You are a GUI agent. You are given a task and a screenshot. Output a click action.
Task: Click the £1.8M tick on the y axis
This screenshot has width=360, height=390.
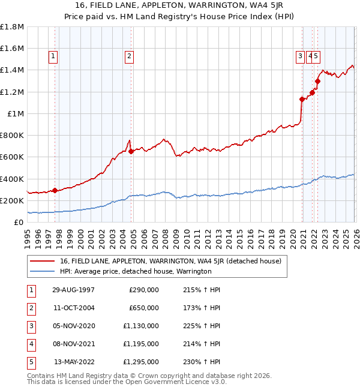[12, 27]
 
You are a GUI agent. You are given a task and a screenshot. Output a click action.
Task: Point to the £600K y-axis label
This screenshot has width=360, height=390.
[12, 157]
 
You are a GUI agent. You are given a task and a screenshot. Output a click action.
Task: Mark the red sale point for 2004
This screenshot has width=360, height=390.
[131, 152]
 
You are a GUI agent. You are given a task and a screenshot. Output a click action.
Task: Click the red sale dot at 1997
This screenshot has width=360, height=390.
[55, 190]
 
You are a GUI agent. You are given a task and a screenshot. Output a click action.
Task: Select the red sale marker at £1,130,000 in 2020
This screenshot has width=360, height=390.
[302, 100]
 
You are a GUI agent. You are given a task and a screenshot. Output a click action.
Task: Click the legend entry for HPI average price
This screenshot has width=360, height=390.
[136, 271]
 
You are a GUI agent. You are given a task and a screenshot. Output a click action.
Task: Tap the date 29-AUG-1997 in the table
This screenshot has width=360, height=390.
[73, 289]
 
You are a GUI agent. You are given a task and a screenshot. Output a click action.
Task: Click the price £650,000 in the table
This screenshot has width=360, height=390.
[144, 307]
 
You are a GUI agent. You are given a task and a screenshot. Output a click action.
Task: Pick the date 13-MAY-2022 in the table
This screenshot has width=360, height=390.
[73, 362]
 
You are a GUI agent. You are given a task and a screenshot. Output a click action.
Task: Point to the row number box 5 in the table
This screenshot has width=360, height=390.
[31, 362]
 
